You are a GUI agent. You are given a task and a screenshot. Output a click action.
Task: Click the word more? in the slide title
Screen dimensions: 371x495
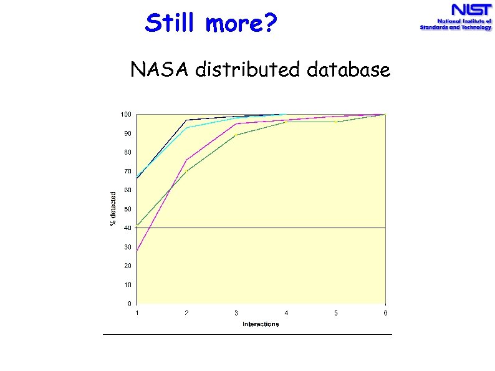pyautogui.click(x=240, y=24)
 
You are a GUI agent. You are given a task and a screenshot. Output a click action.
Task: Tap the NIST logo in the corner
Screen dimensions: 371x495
pyautogui.click(x=456, y=17)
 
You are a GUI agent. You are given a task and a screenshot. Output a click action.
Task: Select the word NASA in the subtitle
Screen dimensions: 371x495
pyautogui.click(x=160, y=70)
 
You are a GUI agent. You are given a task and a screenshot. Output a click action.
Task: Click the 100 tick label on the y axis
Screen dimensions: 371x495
pyautogui.click(x=126, y=115)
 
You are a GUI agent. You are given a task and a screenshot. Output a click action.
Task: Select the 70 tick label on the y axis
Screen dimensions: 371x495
pyautogui.click(x=127, y=171)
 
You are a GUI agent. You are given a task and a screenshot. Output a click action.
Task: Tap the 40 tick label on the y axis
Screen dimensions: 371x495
pyautogui.click(x=127, y=228)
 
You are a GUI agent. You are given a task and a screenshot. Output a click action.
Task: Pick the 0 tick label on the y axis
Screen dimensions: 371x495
pyautogui.click(x=129, y=304)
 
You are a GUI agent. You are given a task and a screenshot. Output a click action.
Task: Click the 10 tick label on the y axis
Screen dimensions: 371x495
pyautogui.click(x=127, y=285)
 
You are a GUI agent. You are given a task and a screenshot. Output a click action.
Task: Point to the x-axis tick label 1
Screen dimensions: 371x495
pyautogui.click(x=137, y=313)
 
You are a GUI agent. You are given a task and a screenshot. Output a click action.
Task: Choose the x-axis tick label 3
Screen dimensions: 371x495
pyautogui.click(x=236, y=313)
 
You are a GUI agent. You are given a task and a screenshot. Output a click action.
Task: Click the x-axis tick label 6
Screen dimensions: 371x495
pyautogui.click(x=385, y=313)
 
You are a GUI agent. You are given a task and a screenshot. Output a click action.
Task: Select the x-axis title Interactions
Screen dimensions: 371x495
pyautogui.click(x=261, y=324)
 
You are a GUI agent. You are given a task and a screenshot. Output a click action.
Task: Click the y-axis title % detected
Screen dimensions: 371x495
pyautogui.click(x=113, y=209)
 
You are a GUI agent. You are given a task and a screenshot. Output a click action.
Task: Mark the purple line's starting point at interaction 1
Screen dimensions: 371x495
pyautogui.click(x=137, y=250)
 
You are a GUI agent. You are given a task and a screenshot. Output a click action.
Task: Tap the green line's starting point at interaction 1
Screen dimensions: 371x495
pyautogui.click(x=137, y=224)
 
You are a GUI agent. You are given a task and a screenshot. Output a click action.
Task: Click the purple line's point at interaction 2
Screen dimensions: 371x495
pyautogui.click(x=186, y=160)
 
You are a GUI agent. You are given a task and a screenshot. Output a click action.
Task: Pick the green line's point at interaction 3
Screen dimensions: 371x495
pyautogui.click(x=236, y=135)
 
